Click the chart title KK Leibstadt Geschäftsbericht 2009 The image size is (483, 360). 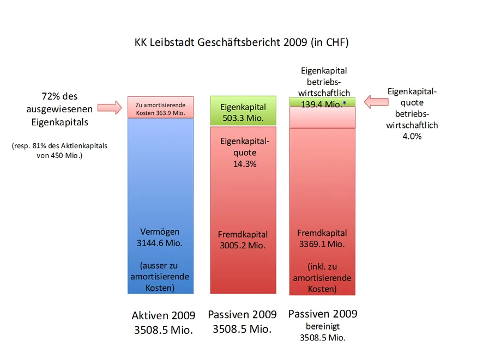click(241, 42)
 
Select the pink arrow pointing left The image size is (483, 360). click(375, 101)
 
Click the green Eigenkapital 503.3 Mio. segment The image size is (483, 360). click(243, 112)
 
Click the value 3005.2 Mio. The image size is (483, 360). click(243, 246)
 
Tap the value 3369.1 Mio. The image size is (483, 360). click(322, 244)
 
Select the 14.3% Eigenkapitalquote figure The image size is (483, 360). click(245, 163)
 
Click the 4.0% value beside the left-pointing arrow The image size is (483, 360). click(412, 137)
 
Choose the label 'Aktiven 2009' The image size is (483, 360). click(163, 316)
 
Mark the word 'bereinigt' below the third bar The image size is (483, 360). click(322, 326)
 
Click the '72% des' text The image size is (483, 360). click(59, 97)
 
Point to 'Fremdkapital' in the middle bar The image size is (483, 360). click(243, 235)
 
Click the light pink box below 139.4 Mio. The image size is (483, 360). click(322, 117)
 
